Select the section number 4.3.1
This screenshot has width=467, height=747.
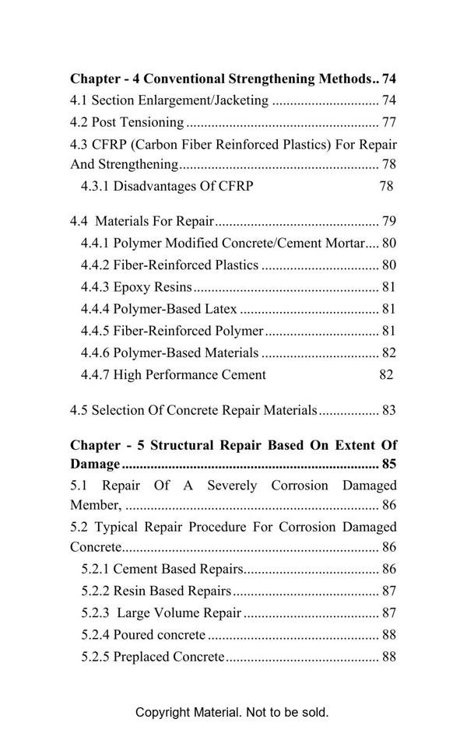(x=96, y=186)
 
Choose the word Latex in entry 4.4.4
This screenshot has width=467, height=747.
(x=220, y=309)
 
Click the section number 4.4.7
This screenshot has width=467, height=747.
(x=96, y=375)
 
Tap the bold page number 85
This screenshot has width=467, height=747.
(x=389, y=465)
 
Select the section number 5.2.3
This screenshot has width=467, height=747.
(x=96, y=613)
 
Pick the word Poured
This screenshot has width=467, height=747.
(x=133, y=635)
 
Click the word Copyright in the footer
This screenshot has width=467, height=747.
(x=163, y=713)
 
